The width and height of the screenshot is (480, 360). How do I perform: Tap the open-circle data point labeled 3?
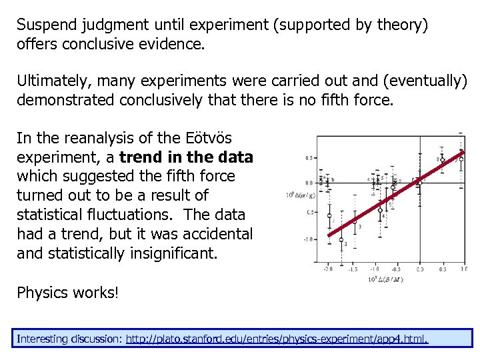pyautogui.click(x=355, y=221)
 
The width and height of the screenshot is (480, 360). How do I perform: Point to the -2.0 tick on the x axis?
pyautogui.click(x=328, y=269)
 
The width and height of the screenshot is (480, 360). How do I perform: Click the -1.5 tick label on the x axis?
pyautogui.click(x=351, y=269)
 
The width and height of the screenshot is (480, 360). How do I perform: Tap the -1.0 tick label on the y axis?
pyautogui.click(x=309, y=239)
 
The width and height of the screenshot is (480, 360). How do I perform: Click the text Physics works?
pyautogui.click(x=67, y=293)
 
